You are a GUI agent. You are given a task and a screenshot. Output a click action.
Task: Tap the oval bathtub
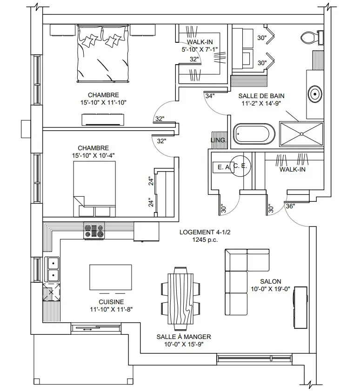point(254,134)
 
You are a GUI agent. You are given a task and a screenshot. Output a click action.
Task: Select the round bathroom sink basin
point(315,94)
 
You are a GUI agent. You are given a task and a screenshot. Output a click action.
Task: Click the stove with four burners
point(94,231)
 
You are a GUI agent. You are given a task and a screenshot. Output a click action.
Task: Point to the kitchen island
point(111,277)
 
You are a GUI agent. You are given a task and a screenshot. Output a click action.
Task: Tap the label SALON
point(271,281)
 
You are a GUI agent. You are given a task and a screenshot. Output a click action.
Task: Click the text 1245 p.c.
point(205,240)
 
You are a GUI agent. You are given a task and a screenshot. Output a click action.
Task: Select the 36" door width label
point(290,206)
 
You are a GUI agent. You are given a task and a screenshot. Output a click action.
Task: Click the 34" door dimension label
point(210,96)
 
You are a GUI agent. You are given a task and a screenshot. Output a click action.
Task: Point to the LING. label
point(219,140)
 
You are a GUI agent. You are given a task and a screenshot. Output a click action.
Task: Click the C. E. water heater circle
point(240,166)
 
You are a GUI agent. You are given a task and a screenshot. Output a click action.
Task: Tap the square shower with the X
point(301,134)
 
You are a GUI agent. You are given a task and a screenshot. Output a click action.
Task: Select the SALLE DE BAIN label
point(261,96)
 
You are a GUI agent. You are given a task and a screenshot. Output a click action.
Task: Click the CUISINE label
point(111,302)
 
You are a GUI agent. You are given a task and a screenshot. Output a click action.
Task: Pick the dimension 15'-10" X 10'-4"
point(93,155)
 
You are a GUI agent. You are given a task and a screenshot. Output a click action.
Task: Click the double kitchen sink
point(52,270)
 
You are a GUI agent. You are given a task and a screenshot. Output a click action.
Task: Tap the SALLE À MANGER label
point(184,337)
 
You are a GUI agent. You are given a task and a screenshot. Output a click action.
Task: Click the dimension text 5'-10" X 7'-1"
point(200,49)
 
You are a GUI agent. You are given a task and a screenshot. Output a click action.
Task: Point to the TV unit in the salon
point(300,307)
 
